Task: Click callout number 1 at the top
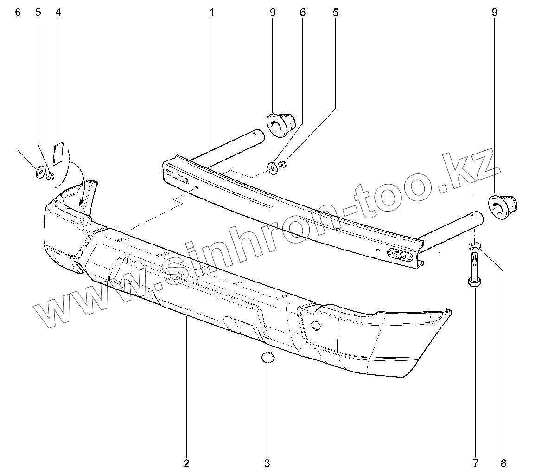(212, 13)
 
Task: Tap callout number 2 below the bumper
(186, 462)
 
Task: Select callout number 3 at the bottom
(267, 462)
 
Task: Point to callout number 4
(58, 13)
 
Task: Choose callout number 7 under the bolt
(475, 462)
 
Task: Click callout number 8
(503, 462)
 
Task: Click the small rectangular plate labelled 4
(58, 154)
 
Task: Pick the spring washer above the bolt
(474, 244)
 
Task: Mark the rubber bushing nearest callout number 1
(281, 123)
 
